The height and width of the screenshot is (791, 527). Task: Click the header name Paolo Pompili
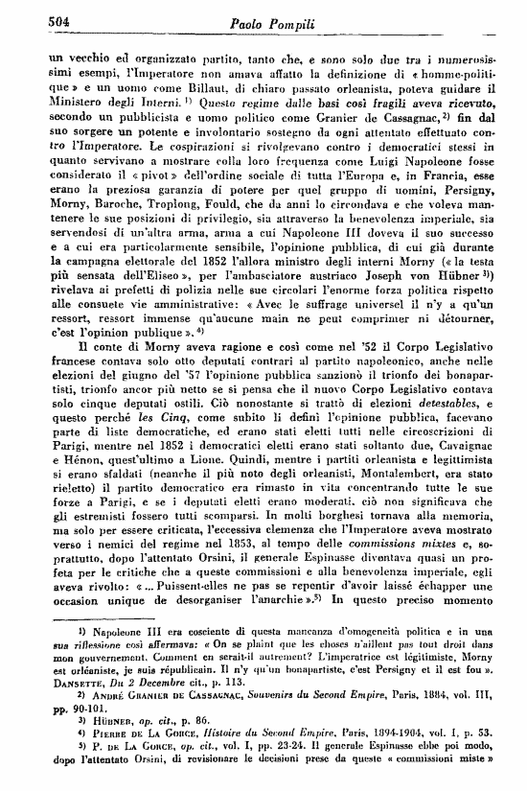click(x=275, y=21)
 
